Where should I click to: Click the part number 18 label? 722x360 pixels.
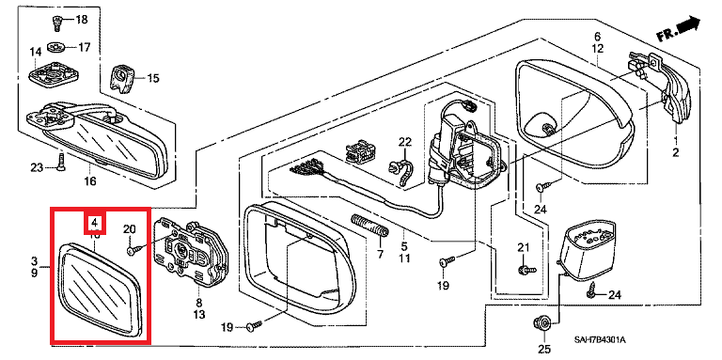[x=81, y=20]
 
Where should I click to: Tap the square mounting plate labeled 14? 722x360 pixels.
[x=52, y=72]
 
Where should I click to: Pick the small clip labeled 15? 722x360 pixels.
[x=121, y=78]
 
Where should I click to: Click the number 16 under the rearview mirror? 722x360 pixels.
[x=90, y=180]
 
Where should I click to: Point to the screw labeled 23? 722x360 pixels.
[x=61, y=162]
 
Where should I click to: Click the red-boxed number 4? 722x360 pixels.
[x=94, y=223]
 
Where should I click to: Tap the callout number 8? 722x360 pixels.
[x=199, y=303]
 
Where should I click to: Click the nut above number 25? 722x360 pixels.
[x=542, y=322]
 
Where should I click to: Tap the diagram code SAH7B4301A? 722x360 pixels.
[x=600, y=340]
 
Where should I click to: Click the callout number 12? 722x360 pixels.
[x=597, y=48]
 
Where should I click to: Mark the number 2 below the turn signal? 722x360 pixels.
[x=675, y=153]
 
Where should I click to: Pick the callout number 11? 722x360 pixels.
[x=404, y=258]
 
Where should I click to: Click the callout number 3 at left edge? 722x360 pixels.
[x=34, y=261]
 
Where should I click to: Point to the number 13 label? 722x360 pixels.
[x=199, y=315]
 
